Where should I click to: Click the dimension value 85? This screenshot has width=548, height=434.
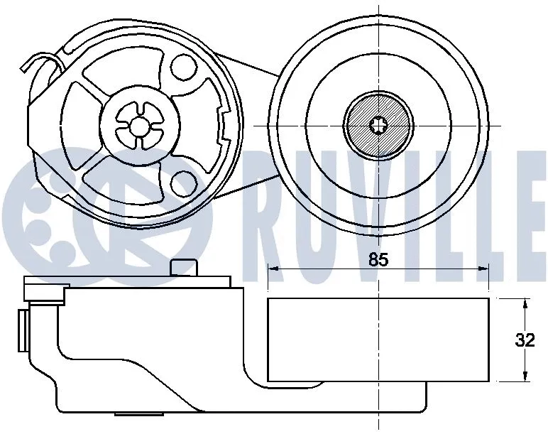[378, 260]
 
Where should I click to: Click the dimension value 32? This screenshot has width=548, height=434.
[525, 340]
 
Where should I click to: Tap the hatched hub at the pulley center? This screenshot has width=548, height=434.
[378, 126]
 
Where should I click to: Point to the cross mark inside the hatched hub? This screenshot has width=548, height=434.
[378, 126]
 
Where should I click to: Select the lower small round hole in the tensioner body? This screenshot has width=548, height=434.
[183, 184]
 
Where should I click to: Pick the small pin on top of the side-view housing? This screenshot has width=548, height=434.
[183, 267]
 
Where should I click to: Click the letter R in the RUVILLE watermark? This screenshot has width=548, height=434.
[270, 213]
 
